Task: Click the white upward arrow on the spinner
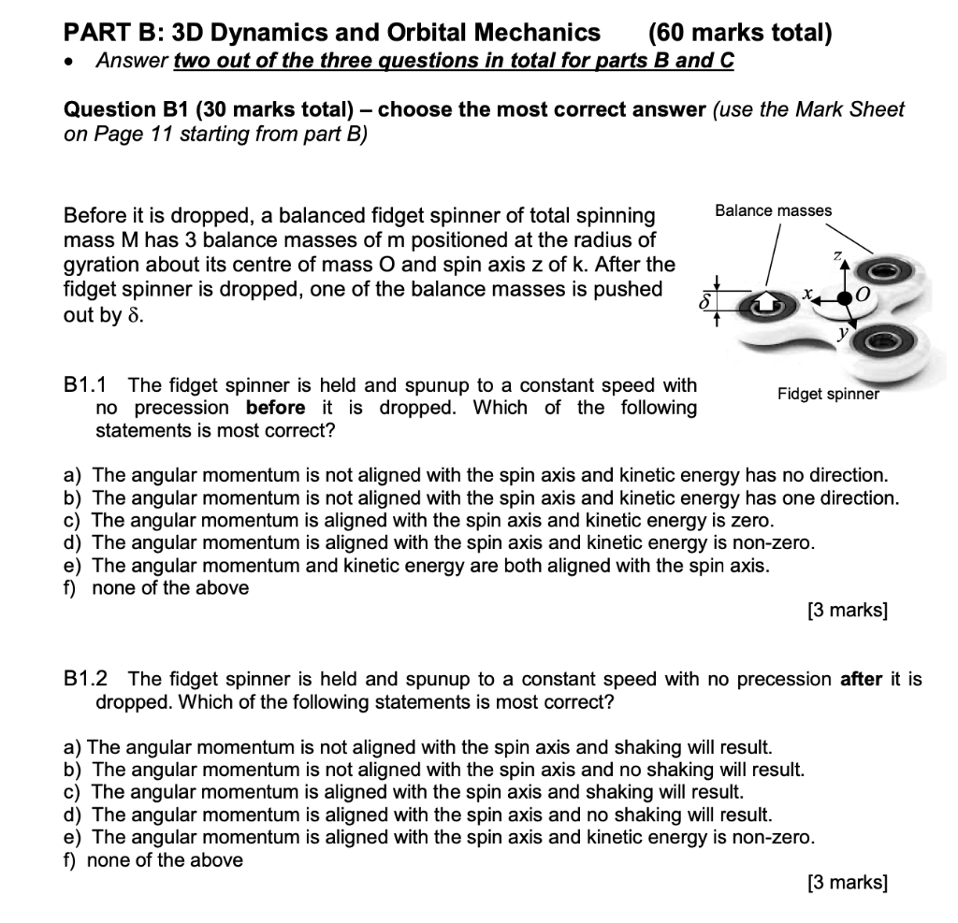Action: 765,302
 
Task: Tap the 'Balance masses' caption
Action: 773,210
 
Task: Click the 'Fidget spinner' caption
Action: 828,394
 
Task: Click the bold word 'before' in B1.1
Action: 275,408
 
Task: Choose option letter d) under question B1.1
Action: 72,542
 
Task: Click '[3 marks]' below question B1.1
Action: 847,611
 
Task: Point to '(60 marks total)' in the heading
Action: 739,34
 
